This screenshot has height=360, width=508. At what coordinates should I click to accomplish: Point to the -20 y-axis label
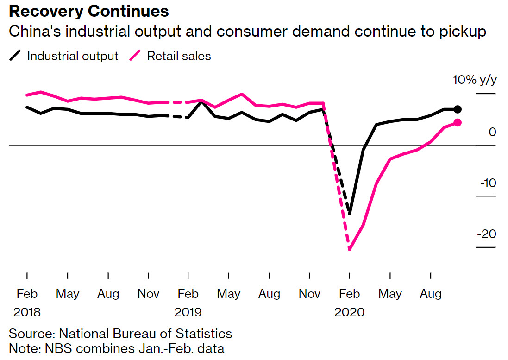click(486, 234)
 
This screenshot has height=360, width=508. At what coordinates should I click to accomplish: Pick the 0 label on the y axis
click(492, 132)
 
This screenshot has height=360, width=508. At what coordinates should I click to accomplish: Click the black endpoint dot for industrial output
click(458, 109)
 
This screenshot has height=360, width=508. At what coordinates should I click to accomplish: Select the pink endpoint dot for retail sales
click(458, 122)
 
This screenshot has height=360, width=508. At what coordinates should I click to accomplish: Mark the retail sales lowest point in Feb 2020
click(349, 249)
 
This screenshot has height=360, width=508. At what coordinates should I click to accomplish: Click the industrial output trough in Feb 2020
click(350, 214)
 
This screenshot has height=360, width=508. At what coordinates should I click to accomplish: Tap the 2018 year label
click(27, 312)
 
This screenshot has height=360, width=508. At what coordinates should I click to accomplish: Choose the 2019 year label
click(188, 312)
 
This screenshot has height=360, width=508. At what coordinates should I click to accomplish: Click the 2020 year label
click(349, 312)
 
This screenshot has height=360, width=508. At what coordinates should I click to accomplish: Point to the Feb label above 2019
click(188, 294)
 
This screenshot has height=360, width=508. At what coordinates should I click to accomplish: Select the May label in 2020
click(390, 294)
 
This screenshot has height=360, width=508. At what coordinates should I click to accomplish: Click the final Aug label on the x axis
click(431, 294)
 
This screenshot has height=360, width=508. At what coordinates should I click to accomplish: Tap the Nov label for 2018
click(149, 294)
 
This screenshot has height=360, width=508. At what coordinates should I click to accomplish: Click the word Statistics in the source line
click(204, 334)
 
